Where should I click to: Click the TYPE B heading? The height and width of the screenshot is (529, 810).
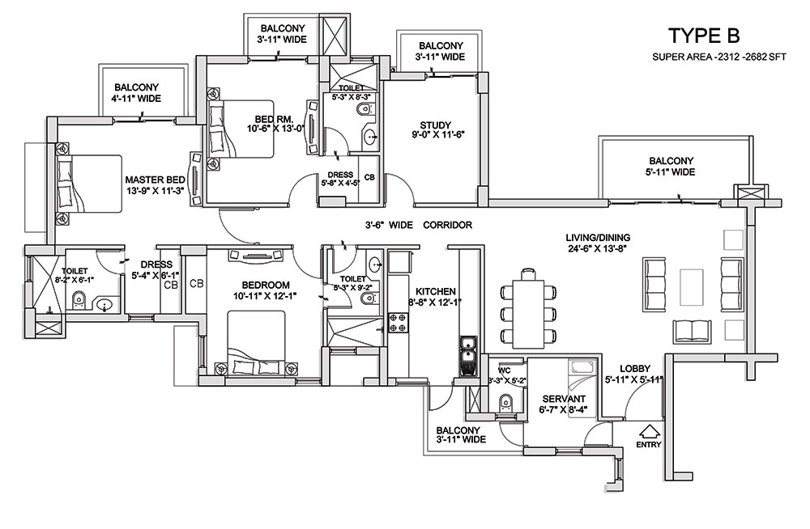(704, 36)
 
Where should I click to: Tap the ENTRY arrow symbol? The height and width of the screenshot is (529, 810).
(648, 430)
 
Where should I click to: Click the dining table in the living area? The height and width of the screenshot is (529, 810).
(528, 314)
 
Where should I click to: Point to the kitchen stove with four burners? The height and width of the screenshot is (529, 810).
(399, 322)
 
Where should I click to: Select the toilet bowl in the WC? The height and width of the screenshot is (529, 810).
(505, 403)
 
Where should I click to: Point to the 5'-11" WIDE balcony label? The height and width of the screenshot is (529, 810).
(671, 166)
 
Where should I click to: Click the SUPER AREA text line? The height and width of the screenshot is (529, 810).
(719, 57)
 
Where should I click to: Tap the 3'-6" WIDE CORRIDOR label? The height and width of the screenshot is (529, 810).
(419, 225)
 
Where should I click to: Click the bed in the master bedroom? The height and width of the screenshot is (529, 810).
(89, 184)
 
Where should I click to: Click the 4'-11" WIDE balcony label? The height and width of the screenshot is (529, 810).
(137, 93)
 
